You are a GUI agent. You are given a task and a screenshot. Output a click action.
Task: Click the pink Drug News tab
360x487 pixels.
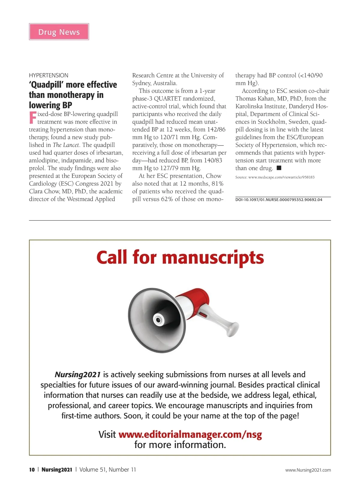[x=59, y=32]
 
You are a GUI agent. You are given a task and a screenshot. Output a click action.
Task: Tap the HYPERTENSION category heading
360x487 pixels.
[x=49, y=75]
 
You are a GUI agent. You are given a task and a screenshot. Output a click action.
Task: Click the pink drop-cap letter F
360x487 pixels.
[x=33, y=118]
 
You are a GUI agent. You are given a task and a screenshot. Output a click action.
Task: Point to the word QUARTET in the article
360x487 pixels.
[x=167, y=99]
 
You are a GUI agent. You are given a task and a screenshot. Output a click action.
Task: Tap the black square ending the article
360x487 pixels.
[x=279, y=168]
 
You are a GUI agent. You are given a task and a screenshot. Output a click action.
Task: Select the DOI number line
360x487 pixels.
[x=279, y=200]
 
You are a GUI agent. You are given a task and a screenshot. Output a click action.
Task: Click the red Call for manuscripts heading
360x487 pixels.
[x=180, y=258]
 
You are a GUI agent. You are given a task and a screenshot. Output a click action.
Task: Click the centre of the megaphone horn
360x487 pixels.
[x=157, y=320]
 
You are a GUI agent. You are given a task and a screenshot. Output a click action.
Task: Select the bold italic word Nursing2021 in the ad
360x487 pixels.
[x=77, y=375]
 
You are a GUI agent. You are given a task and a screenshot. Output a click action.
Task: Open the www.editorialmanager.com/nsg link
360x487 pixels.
[x=190, y=435]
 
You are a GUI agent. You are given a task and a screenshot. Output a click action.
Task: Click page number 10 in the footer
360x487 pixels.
[x=32, y=470]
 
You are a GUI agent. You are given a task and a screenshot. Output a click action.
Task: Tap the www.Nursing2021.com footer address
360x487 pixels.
[x=308, y=470]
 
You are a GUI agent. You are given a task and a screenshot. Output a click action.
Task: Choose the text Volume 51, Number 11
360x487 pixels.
[x=108, y=470]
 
